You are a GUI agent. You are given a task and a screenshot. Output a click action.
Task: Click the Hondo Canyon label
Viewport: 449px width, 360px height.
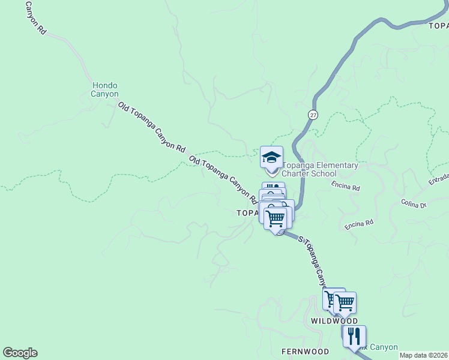[x=105, y=89]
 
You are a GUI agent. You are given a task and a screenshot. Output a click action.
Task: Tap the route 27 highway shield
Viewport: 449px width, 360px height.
[x=313, y=114]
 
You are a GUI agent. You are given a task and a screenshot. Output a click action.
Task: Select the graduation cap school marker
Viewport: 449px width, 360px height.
[x=271, y=158]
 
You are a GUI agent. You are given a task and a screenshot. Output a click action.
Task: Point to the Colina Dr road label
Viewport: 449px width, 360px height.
[x=414, y=203]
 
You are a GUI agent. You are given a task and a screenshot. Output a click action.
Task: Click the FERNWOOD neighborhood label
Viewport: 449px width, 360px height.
[x=305, y=351]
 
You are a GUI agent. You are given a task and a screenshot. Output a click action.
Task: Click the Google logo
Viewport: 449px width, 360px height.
[x=20, y=353]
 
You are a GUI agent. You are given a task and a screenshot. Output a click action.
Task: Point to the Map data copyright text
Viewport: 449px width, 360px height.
[x=424, y=355]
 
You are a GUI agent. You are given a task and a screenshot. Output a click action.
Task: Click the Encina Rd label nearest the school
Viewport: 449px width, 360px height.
[x=346, y=187]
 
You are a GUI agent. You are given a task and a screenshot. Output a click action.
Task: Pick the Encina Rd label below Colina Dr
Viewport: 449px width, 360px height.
[x=360, y=224]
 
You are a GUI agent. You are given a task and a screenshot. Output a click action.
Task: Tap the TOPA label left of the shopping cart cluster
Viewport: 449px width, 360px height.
[x=247, y=213]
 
